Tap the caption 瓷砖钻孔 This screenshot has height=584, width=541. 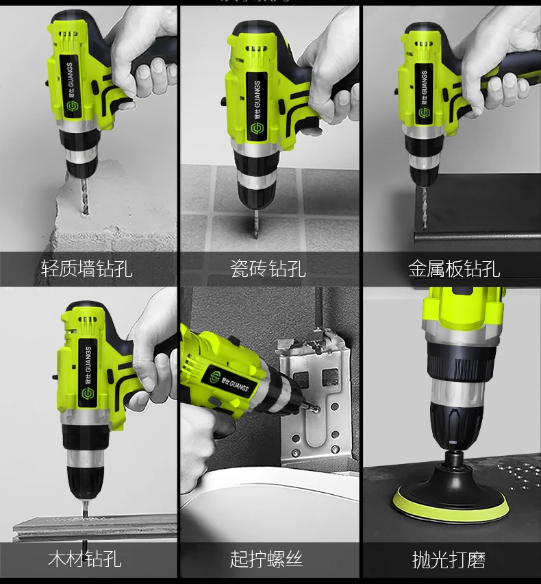coord(267,268)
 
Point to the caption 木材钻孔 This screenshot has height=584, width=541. coord(84,558)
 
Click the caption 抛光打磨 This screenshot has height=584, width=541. coord(449,559)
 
